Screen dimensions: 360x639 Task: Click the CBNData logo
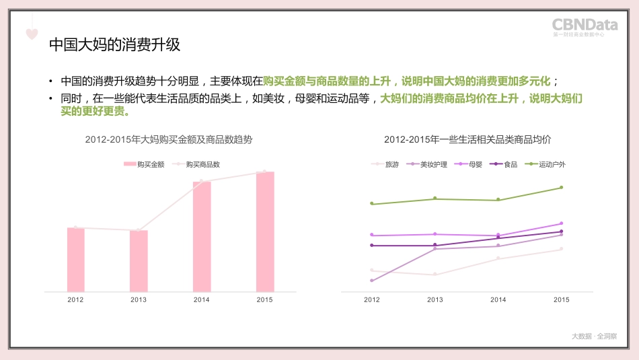[585, 26]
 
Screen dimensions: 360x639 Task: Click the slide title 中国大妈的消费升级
[115, 46]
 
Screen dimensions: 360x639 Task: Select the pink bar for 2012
[76, 260]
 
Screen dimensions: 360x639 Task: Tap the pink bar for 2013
[139, 261]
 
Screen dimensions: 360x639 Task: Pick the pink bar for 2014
[202, 236]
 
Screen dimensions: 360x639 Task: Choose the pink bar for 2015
[265, 231]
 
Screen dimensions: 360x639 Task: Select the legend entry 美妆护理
[428, 164]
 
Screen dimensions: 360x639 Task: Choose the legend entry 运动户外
[546, 164]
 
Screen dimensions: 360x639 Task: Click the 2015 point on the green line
[561, 188]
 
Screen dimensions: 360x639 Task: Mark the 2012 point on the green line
[372, 204]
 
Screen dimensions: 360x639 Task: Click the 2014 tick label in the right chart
[498, 300]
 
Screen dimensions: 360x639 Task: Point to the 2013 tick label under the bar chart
[139, 300]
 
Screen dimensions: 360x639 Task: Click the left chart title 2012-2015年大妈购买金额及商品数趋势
[169, 140]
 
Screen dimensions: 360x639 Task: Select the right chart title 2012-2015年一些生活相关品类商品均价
[467, 140]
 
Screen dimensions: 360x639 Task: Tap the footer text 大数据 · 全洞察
[594, 336]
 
